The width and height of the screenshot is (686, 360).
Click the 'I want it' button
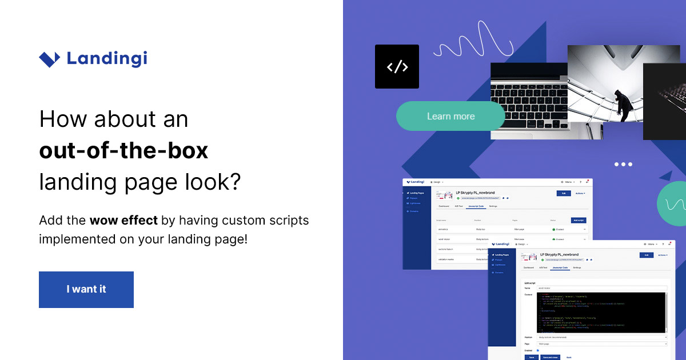[86, 289]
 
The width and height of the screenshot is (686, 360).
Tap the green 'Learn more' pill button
[450, 116]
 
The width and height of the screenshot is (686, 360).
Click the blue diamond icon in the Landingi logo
[49, 59]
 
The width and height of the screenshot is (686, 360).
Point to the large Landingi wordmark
[107, 58]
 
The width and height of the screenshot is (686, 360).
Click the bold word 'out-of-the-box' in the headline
[123, 151]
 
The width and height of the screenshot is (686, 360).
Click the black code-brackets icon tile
[397, 67]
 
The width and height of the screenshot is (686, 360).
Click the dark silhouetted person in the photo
[620, 103]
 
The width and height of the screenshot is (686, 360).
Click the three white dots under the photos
[623, 164]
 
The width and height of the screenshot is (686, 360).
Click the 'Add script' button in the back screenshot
[578, 220]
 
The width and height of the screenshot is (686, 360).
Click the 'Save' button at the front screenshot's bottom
[532, 357]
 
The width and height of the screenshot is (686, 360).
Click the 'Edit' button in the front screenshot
[646, 255]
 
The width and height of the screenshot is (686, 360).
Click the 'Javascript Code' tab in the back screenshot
[476, 206]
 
